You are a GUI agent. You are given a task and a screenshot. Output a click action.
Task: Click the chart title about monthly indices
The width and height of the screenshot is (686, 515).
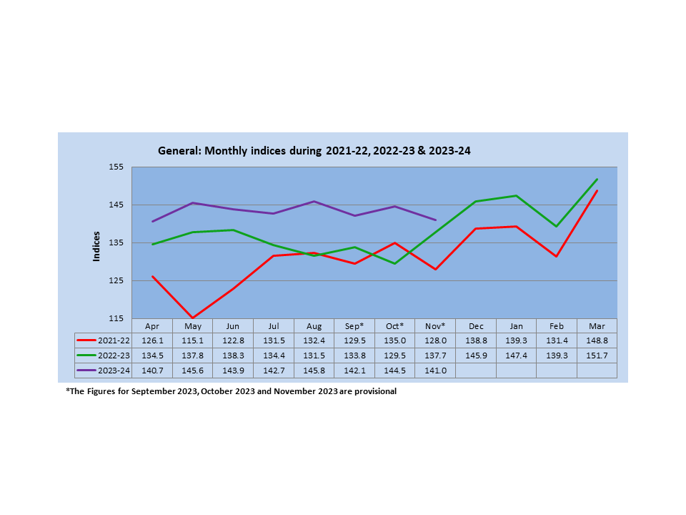pos(314,151)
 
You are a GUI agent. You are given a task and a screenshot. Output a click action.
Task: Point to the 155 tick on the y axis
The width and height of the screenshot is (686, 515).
pos(117,167)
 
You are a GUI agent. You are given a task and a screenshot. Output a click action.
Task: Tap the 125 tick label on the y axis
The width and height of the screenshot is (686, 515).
pos(117,280)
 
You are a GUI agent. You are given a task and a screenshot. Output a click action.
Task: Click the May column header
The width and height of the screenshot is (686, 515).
pos(193,325)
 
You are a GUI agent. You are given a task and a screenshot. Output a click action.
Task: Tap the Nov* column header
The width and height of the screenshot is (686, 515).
pos(435,325)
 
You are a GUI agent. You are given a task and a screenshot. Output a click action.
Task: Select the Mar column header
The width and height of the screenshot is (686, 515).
pos(597,325)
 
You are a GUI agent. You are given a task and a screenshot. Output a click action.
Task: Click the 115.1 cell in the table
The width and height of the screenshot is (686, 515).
pos(193,340)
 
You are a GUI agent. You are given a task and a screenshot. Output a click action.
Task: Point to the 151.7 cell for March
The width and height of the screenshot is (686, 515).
pos(597,355)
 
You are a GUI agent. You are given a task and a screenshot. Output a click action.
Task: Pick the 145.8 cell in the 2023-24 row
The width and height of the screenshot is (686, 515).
pos(314,371)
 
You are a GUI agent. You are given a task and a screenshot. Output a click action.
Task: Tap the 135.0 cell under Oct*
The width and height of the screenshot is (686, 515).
pos(395,340)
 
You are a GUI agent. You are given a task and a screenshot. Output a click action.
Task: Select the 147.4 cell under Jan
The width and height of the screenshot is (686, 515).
pos(516,355)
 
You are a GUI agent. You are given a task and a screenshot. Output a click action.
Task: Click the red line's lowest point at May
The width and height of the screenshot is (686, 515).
pos(193,318)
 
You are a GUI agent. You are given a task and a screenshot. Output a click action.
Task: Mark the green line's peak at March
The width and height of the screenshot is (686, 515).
pos(597,180)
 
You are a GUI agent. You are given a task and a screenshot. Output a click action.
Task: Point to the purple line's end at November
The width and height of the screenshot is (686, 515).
pos(435,220)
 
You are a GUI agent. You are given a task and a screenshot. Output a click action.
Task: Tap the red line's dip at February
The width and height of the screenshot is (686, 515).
pos(556,256)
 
